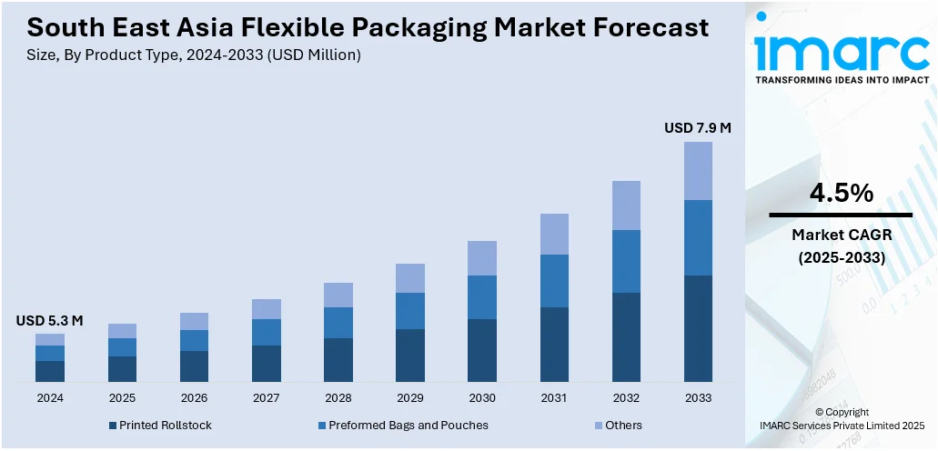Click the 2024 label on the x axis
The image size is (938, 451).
tap(50, 398)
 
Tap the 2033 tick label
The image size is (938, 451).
tap(698, 398)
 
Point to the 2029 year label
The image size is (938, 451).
tap(410, 398)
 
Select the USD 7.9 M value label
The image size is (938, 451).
tap(698, 128)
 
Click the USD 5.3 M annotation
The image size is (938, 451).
tap(50, 320)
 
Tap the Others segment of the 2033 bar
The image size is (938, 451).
tap(698, 171)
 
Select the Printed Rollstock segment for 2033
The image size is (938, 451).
tap(698, 328)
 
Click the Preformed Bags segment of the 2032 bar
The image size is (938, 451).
tap(626, 261)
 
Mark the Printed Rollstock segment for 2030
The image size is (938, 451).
tap(482, 350)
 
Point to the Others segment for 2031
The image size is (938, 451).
tap(554, 234)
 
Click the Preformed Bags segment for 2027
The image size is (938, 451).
tap(267, 332)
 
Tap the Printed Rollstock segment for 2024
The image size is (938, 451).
tap(50, 371)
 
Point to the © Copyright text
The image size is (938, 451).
tap(842, 412)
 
